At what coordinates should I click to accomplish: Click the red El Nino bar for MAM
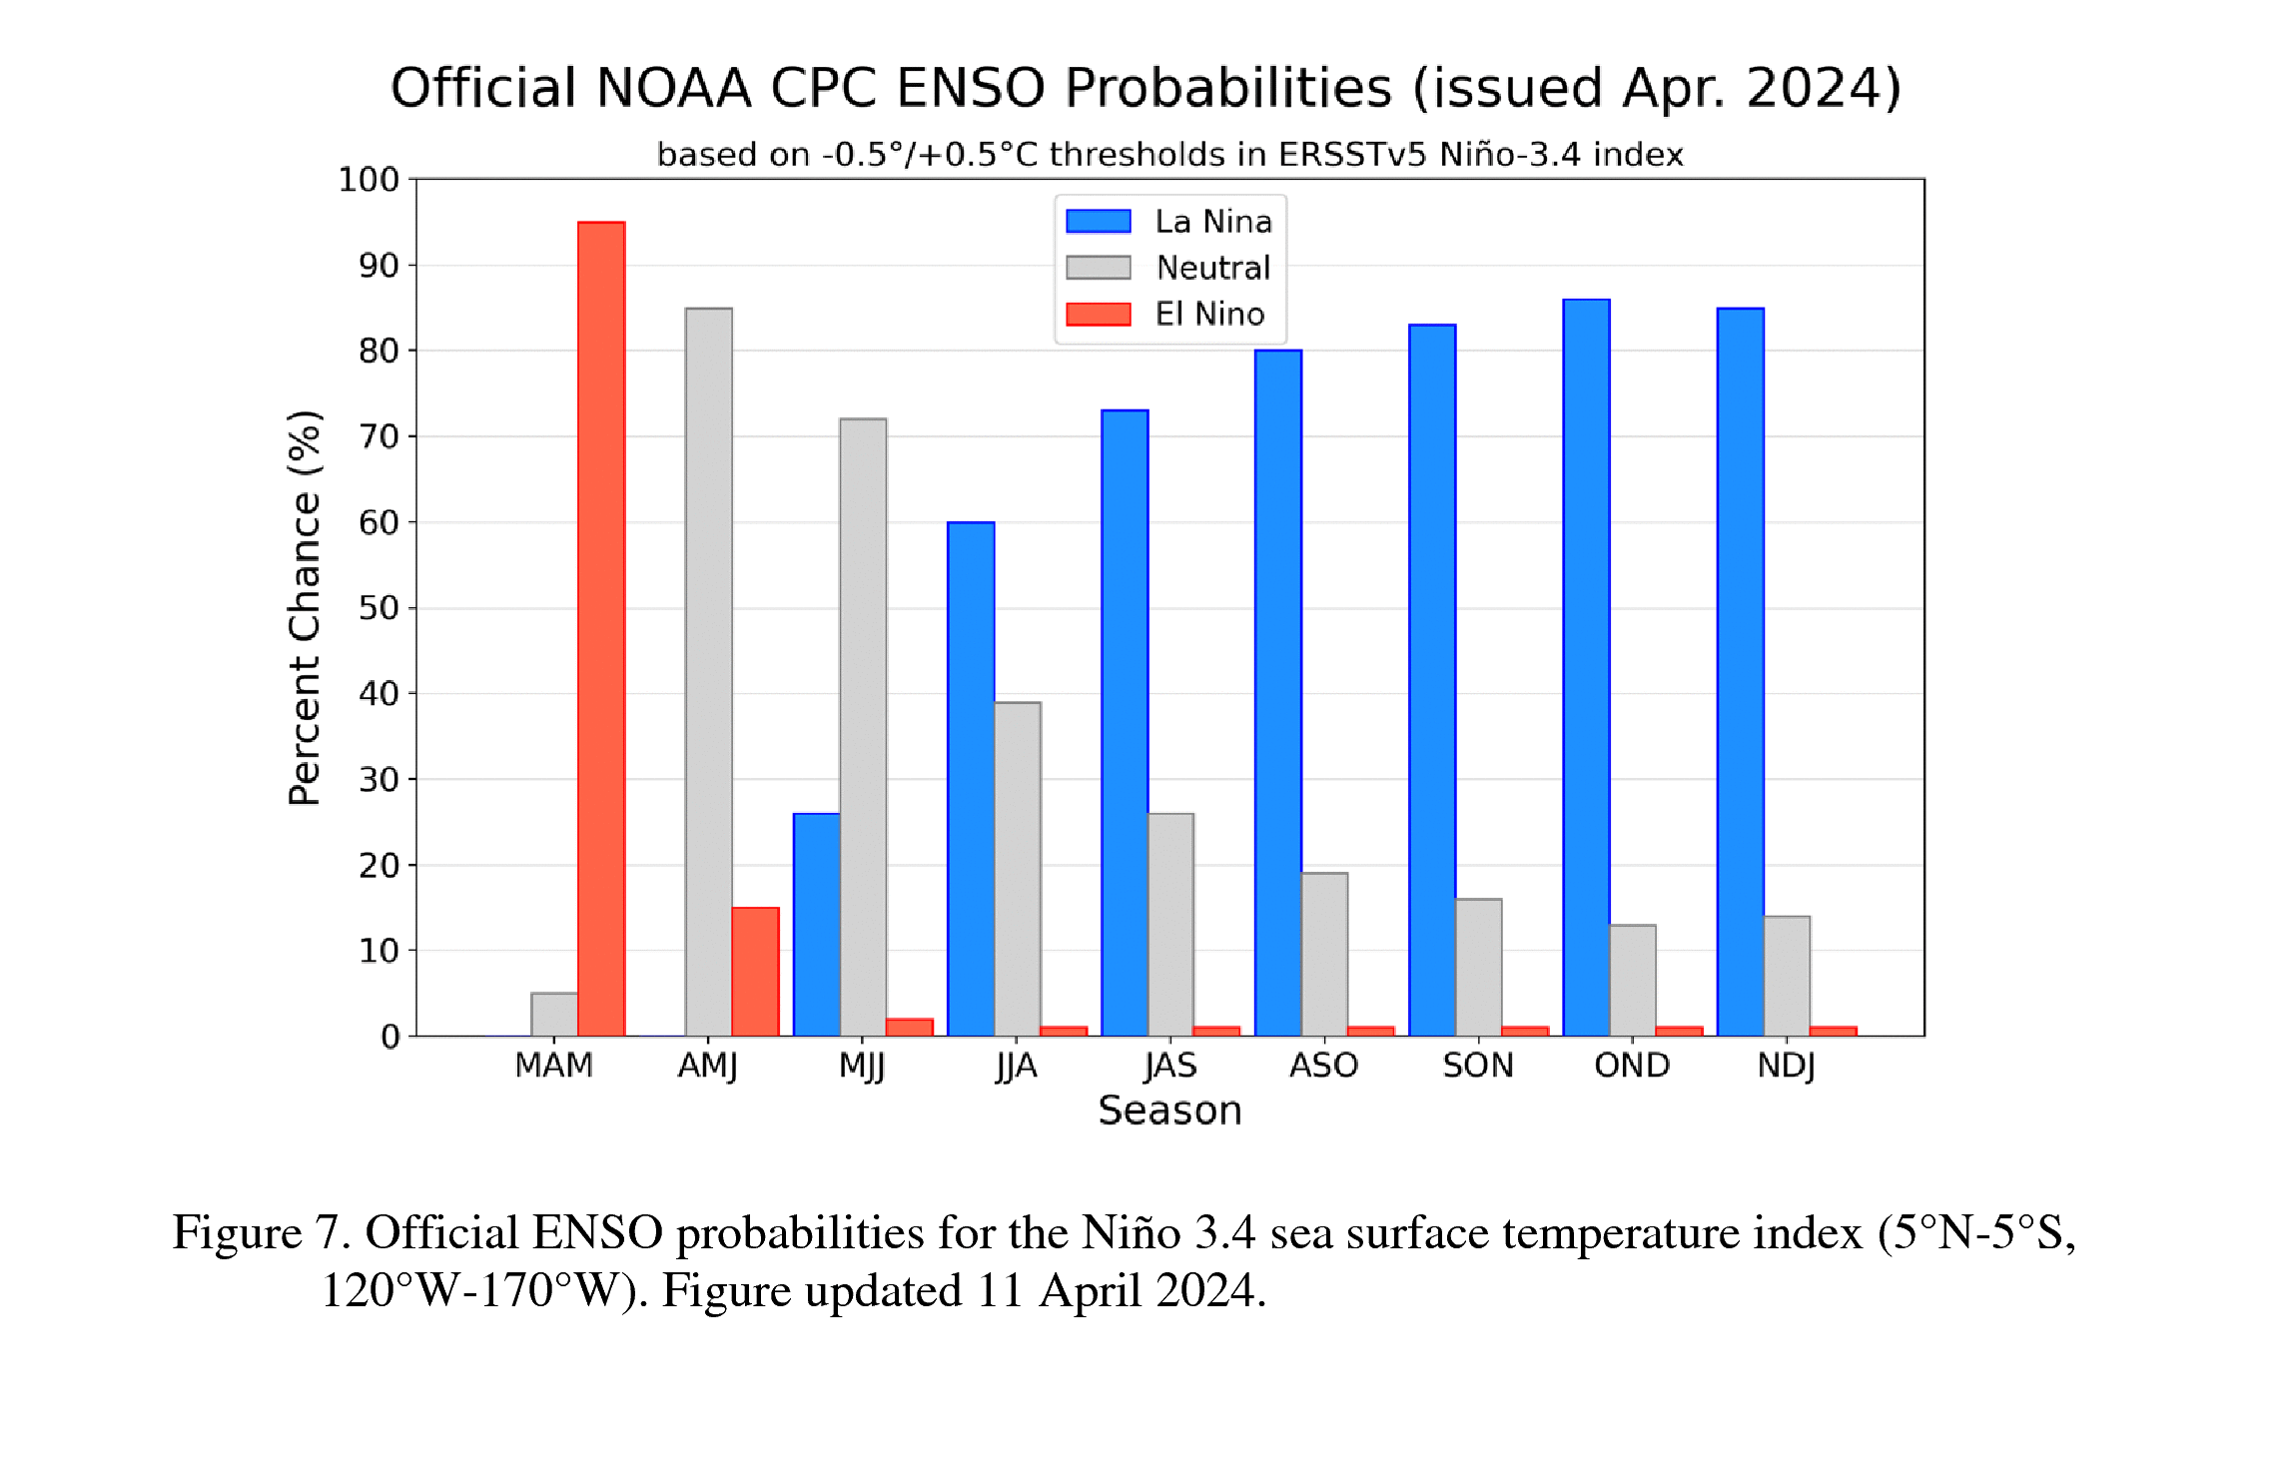point(601,629)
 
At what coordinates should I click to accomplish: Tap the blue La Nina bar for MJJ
point(816,925)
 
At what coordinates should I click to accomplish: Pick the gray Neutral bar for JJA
point(1017,869)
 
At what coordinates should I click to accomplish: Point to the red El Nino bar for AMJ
point(755,972)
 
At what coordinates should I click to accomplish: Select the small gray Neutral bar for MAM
point(554,1015)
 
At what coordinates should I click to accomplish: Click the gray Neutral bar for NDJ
point(1787,976)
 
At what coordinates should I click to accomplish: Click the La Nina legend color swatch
point(1098,221)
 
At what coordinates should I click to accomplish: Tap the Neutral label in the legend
point(1212,268)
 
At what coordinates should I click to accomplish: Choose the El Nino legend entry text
point(1209,314)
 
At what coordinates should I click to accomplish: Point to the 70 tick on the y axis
point(379,436)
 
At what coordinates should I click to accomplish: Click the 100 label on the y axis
point(368,180)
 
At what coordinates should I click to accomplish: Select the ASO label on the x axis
point(1323,1066)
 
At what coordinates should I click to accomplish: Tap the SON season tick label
point(1477,1066)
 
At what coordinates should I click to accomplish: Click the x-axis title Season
point(1169,1111)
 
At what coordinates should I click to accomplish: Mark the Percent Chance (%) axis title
point(305,607)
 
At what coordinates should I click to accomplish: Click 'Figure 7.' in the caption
point(262,1232)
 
